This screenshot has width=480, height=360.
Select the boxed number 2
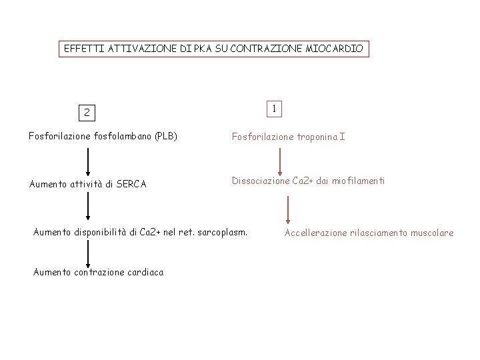(87, 112)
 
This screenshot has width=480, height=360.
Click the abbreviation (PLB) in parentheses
(165, 137)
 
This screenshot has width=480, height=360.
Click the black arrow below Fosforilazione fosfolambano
(87, 161)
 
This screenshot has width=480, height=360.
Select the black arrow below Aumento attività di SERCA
(87, 208)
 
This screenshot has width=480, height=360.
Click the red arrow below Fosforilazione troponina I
(280, 161)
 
